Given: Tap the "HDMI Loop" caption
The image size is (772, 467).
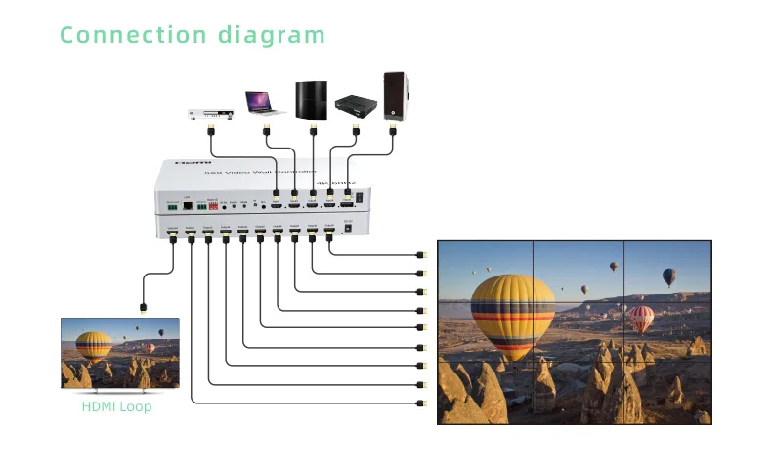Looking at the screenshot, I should point(116,405).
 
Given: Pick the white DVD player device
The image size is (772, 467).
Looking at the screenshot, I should point(210,114).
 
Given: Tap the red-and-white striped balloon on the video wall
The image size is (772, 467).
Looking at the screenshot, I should point(641,318).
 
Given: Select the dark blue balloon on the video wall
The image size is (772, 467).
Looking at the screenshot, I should point(668,276).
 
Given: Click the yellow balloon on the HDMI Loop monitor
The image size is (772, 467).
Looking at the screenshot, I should point(94,346).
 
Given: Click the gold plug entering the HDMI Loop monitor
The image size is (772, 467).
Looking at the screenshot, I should point(143,306).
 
